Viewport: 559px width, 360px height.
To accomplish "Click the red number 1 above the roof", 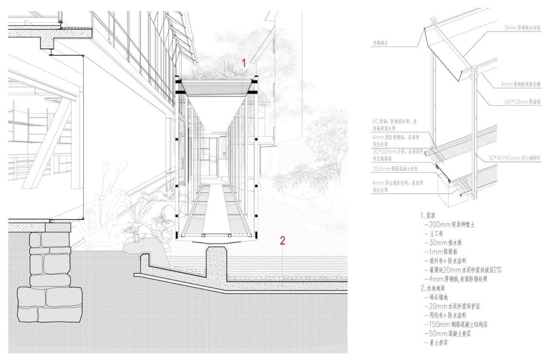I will coord(244,63).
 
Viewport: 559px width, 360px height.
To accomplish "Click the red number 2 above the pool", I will coord(283,240).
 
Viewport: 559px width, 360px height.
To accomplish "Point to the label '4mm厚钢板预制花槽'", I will coord(520,84).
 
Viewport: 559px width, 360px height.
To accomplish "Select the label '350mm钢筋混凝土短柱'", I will coord(396,168).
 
